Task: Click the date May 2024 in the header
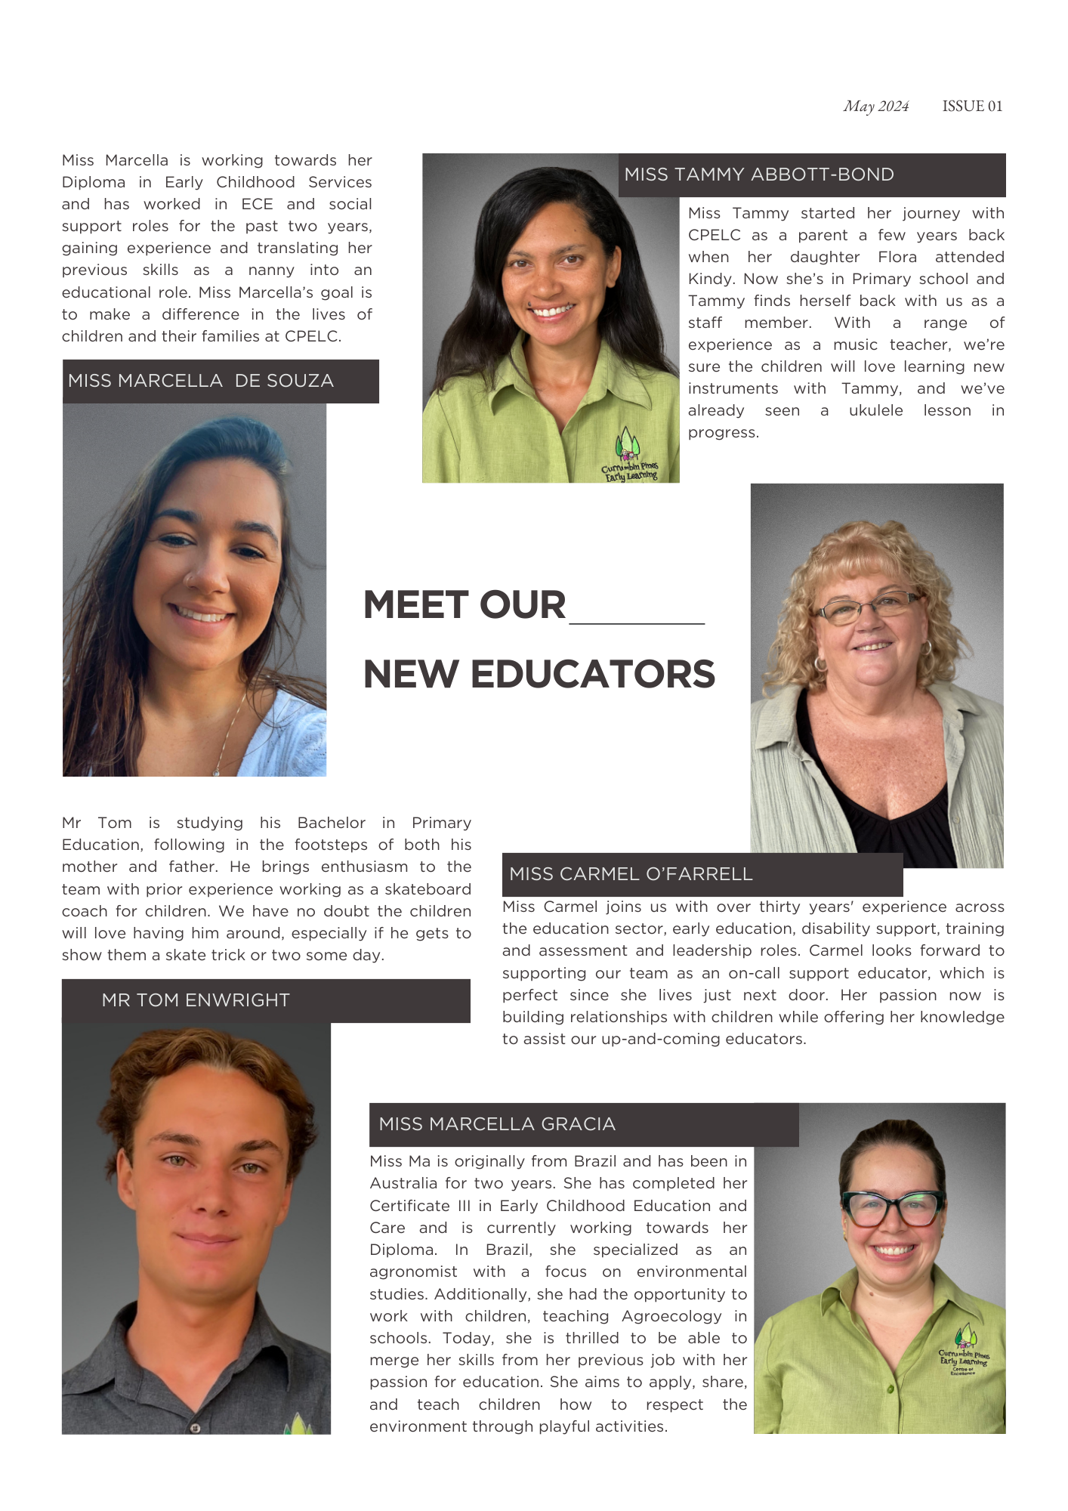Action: point(876,107)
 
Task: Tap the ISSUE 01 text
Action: point(972,107)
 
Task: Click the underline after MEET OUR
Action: point(637,623)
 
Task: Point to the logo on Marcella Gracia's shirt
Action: point(964,1352)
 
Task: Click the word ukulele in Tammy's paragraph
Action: point(875,411)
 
